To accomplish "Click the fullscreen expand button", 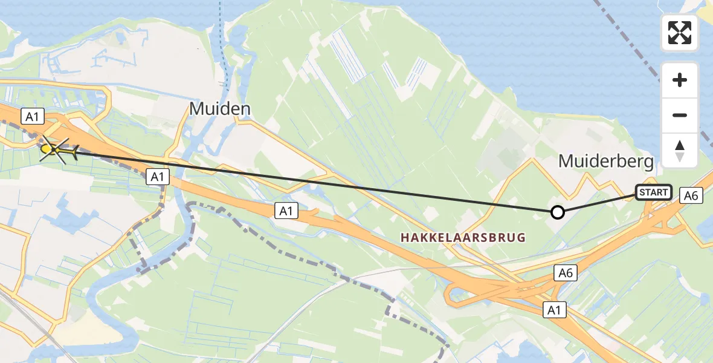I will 680,33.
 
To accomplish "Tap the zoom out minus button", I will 680,115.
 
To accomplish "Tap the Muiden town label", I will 220,109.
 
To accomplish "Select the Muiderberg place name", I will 605,161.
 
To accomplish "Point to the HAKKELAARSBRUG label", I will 462,238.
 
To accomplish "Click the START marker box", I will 653,192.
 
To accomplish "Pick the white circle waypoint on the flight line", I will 558,212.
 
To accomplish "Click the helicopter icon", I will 58,149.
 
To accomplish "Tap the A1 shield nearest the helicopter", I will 30,115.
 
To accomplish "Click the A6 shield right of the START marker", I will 691,195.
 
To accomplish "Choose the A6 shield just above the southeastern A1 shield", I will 566,273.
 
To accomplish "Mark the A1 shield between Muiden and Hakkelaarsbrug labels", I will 286,211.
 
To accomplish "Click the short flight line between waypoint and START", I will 595,203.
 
